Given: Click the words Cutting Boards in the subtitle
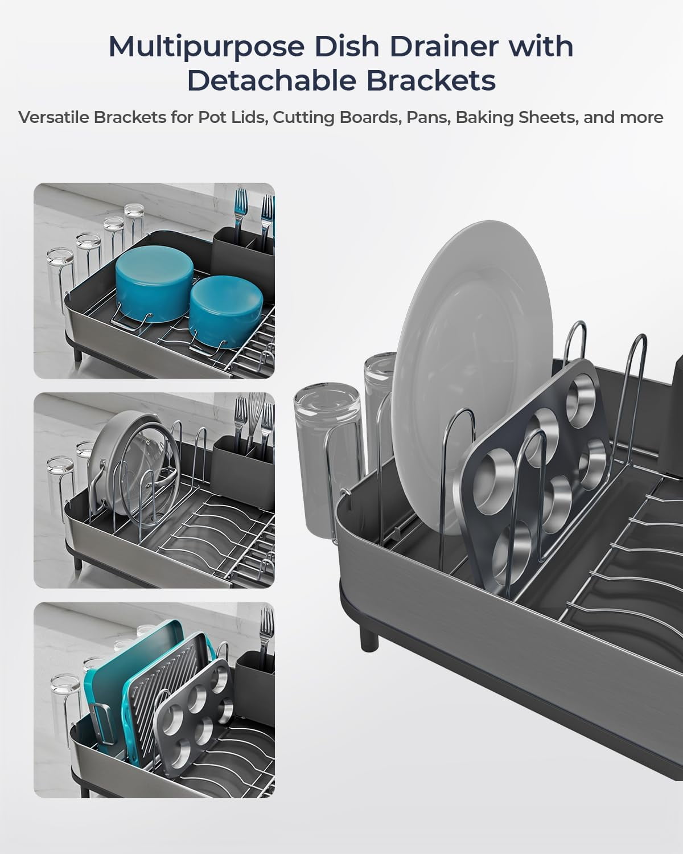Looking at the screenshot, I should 336,117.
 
